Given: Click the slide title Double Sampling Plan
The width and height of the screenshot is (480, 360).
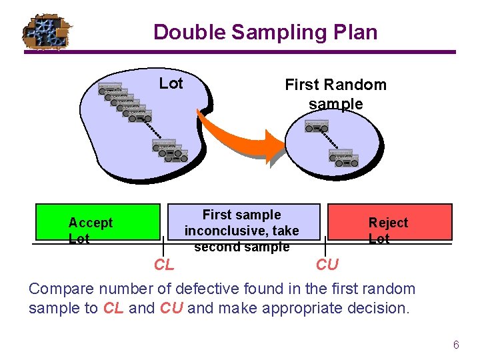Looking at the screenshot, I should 265,32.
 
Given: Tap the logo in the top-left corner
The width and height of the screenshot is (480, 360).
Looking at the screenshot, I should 46,32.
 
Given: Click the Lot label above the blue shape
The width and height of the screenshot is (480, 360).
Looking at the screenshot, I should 171,83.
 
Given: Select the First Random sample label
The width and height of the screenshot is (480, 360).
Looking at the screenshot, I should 335,94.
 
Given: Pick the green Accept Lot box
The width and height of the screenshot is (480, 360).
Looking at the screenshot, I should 99,222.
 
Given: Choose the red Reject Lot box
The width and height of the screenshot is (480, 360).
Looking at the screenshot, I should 388,222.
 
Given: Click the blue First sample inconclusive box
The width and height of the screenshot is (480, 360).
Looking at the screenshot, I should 243,222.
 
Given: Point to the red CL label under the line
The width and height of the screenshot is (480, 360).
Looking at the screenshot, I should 164,265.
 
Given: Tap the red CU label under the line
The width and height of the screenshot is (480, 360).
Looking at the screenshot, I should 327,265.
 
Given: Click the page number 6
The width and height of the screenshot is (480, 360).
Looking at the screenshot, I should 456,345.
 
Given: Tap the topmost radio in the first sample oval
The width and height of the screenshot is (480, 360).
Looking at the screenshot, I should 316,126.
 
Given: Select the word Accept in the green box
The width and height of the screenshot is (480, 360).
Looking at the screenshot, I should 91,223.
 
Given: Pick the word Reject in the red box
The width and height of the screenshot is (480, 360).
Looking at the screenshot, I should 388,223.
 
